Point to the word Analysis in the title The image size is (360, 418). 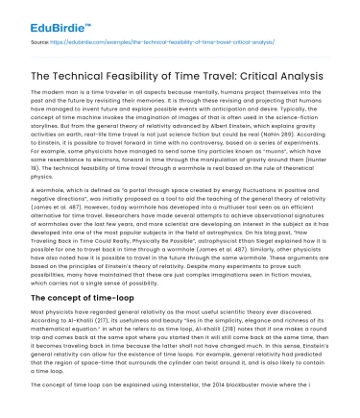click(x=318, y=75)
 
